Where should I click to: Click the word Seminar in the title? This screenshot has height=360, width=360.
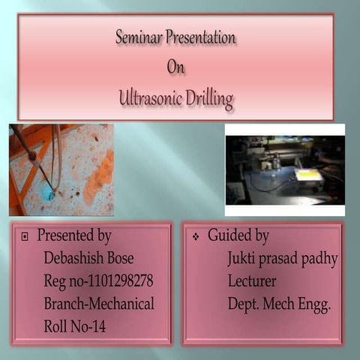click(139, 36)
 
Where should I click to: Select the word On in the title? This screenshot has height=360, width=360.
click(175, 66)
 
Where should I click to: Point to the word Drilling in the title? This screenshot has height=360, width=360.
click(208, 97)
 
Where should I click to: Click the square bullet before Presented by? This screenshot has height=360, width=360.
click(25, 237)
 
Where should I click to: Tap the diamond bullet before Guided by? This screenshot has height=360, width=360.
click(195, 237)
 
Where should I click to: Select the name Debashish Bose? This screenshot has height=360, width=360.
click(88, 259)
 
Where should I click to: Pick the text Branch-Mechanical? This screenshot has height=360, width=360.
click(98, 304)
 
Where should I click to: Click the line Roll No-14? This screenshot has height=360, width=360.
click(76, 326)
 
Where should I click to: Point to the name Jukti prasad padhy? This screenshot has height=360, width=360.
click(283, 259)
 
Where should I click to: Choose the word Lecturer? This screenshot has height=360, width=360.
click(253, 281)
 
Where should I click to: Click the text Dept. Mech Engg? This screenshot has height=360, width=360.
click(279, 304)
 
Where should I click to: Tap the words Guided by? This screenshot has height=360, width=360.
click(238, 236)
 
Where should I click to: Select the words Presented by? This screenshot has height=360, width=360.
click(74, 236)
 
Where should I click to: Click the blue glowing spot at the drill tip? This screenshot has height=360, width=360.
click(47, 193)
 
